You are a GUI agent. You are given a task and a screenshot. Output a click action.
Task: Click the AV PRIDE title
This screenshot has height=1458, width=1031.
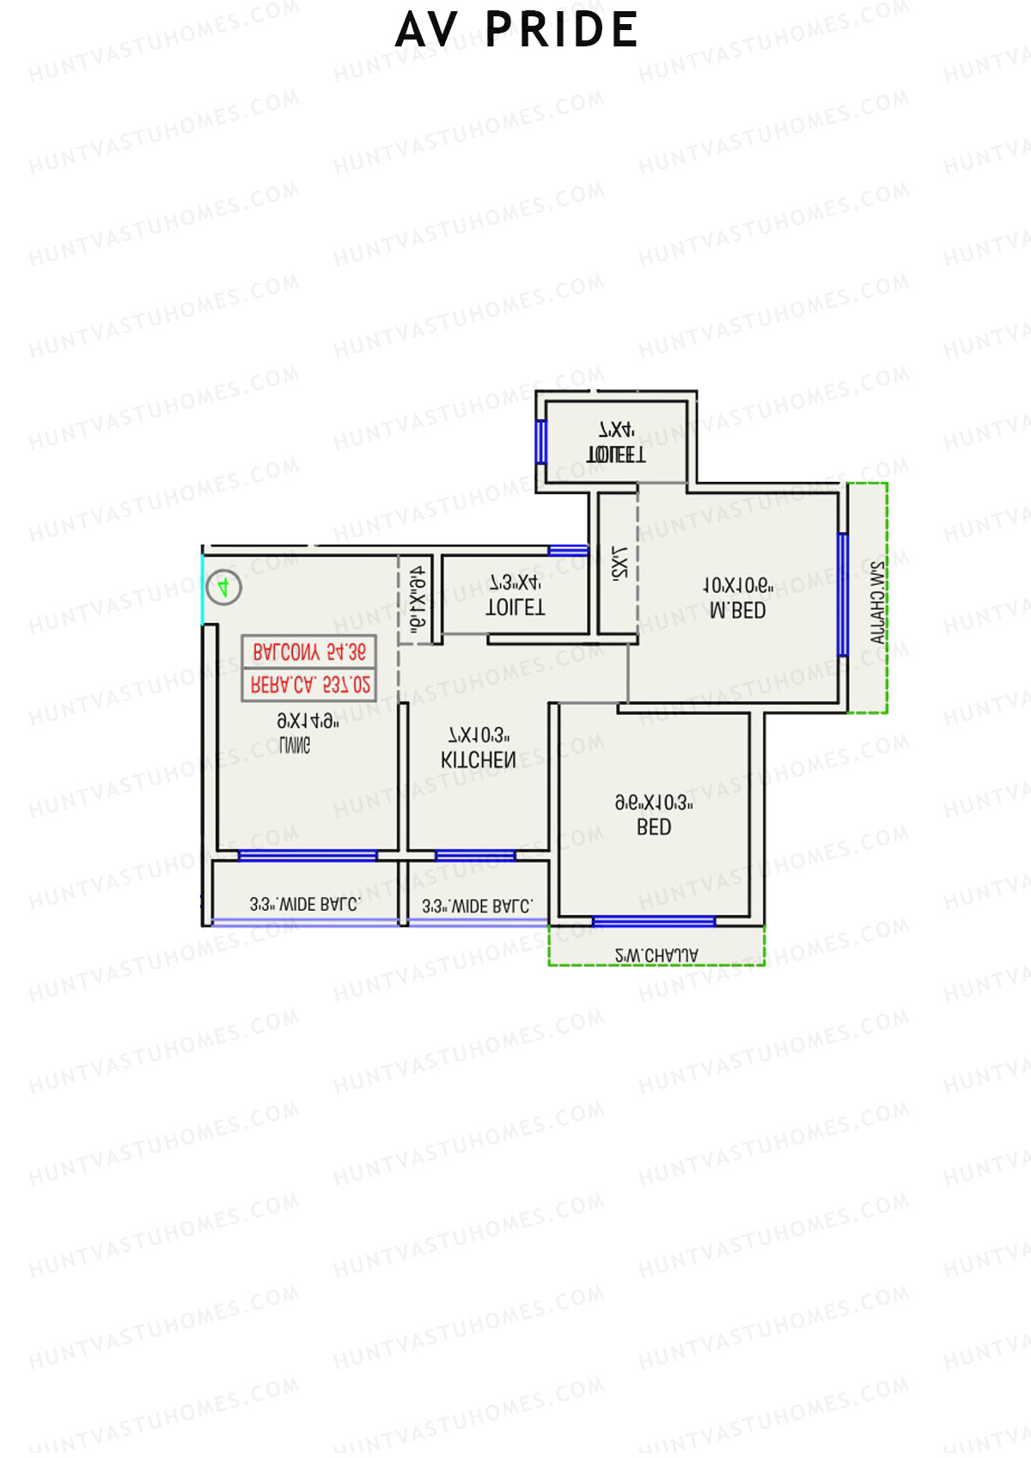(516, 30)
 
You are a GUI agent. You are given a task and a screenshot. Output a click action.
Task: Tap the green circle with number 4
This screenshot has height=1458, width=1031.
(223, 588)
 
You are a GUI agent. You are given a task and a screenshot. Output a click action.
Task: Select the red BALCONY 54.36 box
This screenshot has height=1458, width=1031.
(309, 652)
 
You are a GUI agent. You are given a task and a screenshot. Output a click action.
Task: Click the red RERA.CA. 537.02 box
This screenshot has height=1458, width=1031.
(309, 685)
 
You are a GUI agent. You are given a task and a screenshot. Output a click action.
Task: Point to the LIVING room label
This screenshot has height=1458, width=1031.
(295, 746)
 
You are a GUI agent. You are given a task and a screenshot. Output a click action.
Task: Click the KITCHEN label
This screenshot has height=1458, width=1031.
(479, 760)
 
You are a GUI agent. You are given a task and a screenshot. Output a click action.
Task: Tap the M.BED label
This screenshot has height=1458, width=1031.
(737, 610)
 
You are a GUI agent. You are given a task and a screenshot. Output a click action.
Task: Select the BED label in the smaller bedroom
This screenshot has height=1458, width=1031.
(654, 827)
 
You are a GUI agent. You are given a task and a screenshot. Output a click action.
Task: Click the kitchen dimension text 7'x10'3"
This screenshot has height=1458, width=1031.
(479, 735)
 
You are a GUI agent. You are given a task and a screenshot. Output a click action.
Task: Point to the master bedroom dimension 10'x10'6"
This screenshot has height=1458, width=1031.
(737, 586)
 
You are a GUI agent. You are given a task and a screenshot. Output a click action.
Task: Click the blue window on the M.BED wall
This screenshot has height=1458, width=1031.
(843, 595)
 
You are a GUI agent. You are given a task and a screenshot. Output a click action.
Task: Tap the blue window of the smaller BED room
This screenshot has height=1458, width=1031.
(653, 922)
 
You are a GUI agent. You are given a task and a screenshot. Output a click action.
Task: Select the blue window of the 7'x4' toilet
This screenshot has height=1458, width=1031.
(540, 441)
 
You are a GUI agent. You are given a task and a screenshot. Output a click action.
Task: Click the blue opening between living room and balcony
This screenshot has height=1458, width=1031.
(307, 855)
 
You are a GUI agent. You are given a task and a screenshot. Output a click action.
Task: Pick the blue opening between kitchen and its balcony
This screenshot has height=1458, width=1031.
(475, 855)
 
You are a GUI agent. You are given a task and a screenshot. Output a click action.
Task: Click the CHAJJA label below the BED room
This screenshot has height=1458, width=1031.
(656, 955)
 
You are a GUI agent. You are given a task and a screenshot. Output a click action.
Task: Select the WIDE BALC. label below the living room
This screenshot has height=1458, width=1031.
(305, 904)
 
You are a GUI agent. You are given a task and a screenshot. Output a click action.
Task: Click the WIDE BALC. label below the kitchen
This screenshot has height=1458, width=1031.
(478, 906)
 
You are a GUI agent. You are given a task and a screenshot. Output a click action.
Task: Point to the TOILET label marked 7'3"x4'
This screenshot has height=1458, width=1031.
(515, 607)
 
